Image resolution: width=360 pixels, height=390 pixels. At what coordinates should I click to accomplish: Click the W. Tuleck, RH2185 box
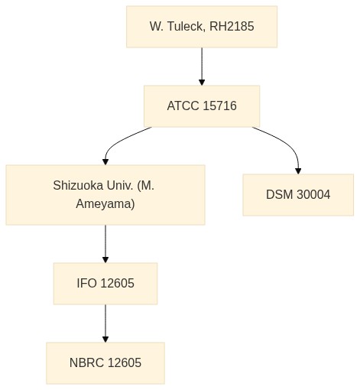202,27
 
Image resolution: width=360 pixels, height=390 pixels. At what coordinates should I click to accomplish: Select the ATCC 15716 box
202,106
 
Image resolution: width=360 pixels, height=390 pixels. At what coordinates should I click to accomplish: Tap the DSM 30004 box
298,195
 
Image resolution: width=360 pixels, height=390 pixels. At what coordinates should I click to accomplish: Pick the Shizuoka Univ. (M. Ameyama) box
105,195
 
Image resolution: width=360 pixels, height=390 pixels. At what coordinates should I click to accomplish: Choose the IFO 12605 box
105,284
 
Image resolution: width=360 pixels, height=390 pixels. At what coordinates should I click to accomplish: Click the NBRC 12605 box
105,363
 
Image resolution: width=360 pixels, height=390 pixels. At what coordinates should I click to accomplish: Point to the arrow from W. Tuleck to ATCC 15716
202,67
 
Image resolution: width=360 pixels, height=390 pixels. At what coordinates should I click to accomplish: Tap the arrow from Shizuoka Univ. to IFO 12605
105,244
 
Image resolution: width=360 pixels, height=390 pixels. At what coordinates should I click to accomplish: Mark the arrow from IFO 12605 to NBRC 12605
105,323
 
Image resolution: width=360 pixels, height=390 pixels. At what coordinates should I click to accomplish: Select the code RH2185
232,26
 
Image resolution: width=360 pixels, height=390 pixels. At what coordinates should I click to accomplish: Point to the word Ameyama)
105,204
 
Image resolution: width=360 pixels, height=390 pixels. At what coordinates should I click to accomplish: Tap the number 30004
313,195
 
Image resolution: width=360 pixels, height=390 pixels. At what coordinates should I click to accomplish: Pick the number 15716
220,106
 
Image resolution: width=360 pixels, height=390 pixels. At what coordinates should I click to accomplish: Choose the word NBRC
86,362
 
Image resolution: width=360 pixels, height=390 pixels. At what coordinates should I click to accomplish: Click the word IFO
86,283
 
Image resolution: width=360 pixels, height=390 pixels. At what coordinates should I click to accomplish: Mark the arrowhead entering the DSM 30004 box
298,171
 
